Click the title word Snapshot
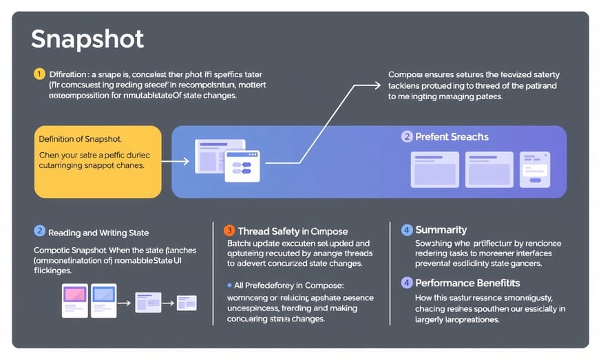(87, 39)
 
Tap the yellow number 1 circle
(39, 74)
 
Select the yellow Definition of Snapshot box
(98, 162)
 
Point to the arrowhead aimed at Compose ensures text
(377, 85)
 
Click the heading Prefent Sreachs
(452, 137)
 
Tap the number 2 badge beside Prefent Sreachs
(406, 137)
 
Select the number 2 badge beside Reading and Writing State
(40, 232)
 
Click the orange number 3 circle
(230, 231)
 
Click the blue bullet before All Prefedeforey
(229, 284)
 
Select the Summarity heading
(441, 230)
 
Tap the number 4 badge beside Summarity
(407, 230)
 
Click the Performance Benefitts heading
(467, 283)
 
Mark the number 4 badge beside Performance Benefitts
(407, 283)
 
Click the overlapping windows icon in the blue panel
(227, 160)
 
